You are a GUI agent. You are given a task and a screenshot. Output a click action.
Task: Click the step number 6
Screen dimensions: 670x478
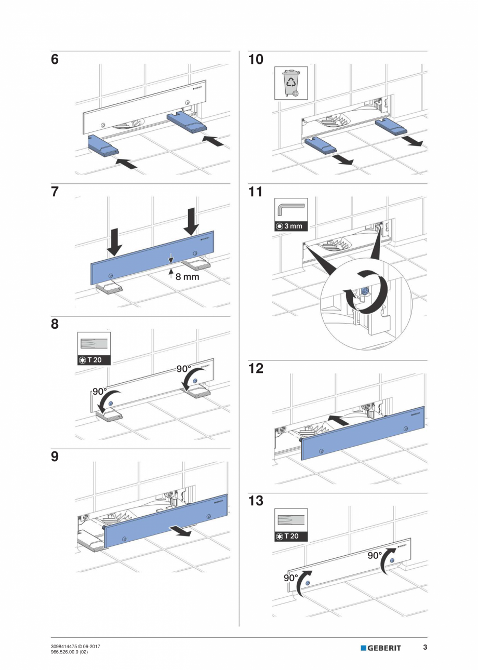click(55, 60)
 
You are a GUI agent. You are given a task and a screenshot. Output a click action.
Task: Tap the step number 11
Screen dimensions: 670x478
click(256, 192)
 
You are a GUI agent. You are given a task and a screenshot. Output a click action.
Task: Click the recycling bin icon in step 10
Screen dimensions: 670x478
click(290, 83)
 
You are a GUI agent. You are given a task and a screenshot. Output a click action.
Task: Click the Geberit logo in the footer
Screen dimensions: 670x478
click(381, 648)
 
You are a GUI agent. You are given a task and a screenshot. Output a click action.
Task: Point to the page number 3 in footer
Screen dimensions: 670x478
click(424, 647)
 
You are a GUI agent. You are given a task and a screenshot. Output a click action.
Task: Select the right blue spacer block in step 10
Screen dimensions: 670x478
click(390, 126)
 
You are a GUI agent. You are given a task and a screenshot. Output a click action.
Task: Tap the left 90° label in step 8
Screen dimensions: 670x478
click(100, 392)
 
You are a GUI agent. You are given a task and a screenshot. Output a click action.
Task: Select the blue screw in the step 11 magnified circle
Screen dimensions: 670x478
click(365, 292)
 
